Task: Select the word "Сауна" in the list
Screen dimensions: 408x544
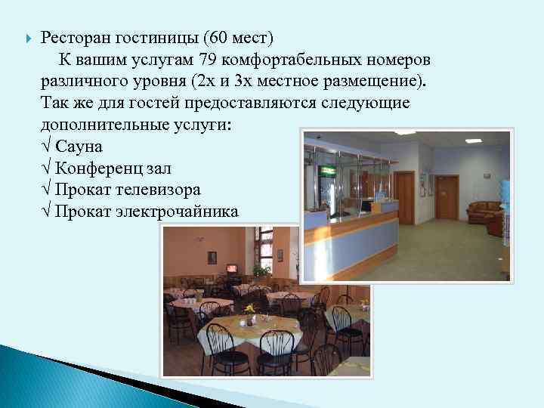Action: [x=79, y=146]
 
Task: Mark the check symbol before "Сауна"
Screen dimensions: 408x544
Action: [x=48, y=146]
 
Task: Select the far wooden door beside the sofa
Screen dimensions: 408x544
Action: [x=448, y=196]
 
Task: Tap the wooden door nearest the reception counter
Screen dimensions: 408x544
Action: [x=405, y=198]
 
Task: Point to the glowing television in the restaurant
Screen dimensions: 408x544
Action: [x=231, y=267]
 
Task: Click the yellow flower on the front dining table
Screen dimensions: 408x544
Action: [x=249, y=308]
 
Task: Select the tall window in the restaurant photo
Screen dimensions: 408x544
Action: [x=264, y=246]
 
